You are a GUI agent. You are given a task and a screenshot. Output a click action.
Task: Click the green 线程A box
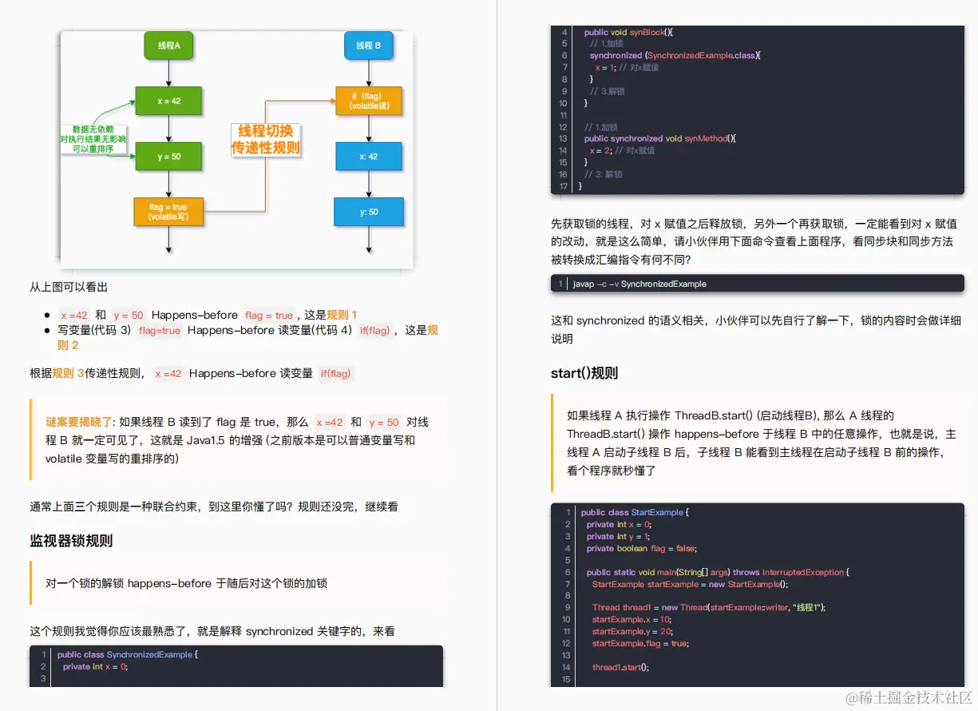168,46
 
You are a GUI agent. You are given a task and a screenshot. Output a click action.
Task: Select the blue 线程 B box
368,46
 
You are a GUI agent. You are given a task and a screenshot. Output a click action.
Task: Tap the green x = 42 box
168,101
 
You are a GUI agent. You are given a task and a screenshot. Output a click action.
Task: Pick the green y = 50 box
168,157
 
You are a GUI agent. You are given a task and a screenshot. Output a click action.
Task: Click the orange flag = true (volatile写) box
168,212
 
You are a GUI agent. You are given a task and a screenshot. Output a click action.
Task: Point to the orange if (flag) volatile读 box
368,101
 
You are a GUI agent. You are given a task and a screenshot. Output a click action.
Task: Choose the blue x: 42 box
368,157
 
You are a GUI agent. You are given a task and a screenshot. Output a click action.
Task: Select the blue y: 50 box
368,212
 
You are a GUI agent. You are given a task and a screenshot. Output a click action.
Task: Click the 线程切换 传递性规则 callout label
265,139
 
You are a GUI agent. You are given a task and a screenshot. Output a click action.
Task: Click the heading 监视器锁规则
71,541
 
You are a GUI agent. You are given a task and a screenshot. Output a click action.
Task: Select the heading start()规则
584,373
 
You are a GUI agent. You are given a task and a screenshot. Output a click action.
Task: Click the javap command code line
639,284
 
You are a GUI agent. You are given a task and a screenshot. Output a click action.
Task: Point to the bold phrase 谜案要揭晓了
79,422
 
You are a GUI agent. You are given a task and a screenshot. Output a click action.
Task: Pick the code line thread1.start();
620,667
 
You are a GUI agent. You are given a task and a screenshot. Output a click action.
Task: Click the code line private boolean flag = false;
641,548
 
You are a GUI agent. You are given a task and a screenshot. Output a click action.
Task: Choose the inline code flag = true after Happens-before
269,316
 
